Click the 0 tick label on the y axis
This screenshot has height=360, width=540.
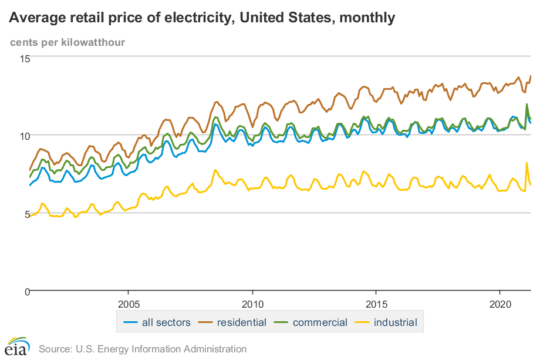click(x=26, y=291)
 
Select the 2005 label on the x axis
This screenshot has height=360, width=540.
click(x=128, y=305)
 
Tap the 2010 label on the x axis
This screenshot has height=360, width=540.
click(x=252, y=305)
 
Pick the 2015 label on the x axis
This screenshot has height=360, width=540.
click(x=376, y=305)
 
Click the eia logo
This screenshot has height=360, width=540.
click(x=17, y=346)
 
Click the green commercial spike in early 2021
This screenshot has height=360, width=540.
click(x=526, y=105)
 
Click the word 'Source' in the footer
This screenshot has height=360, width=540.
click(x=54, y=349)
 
